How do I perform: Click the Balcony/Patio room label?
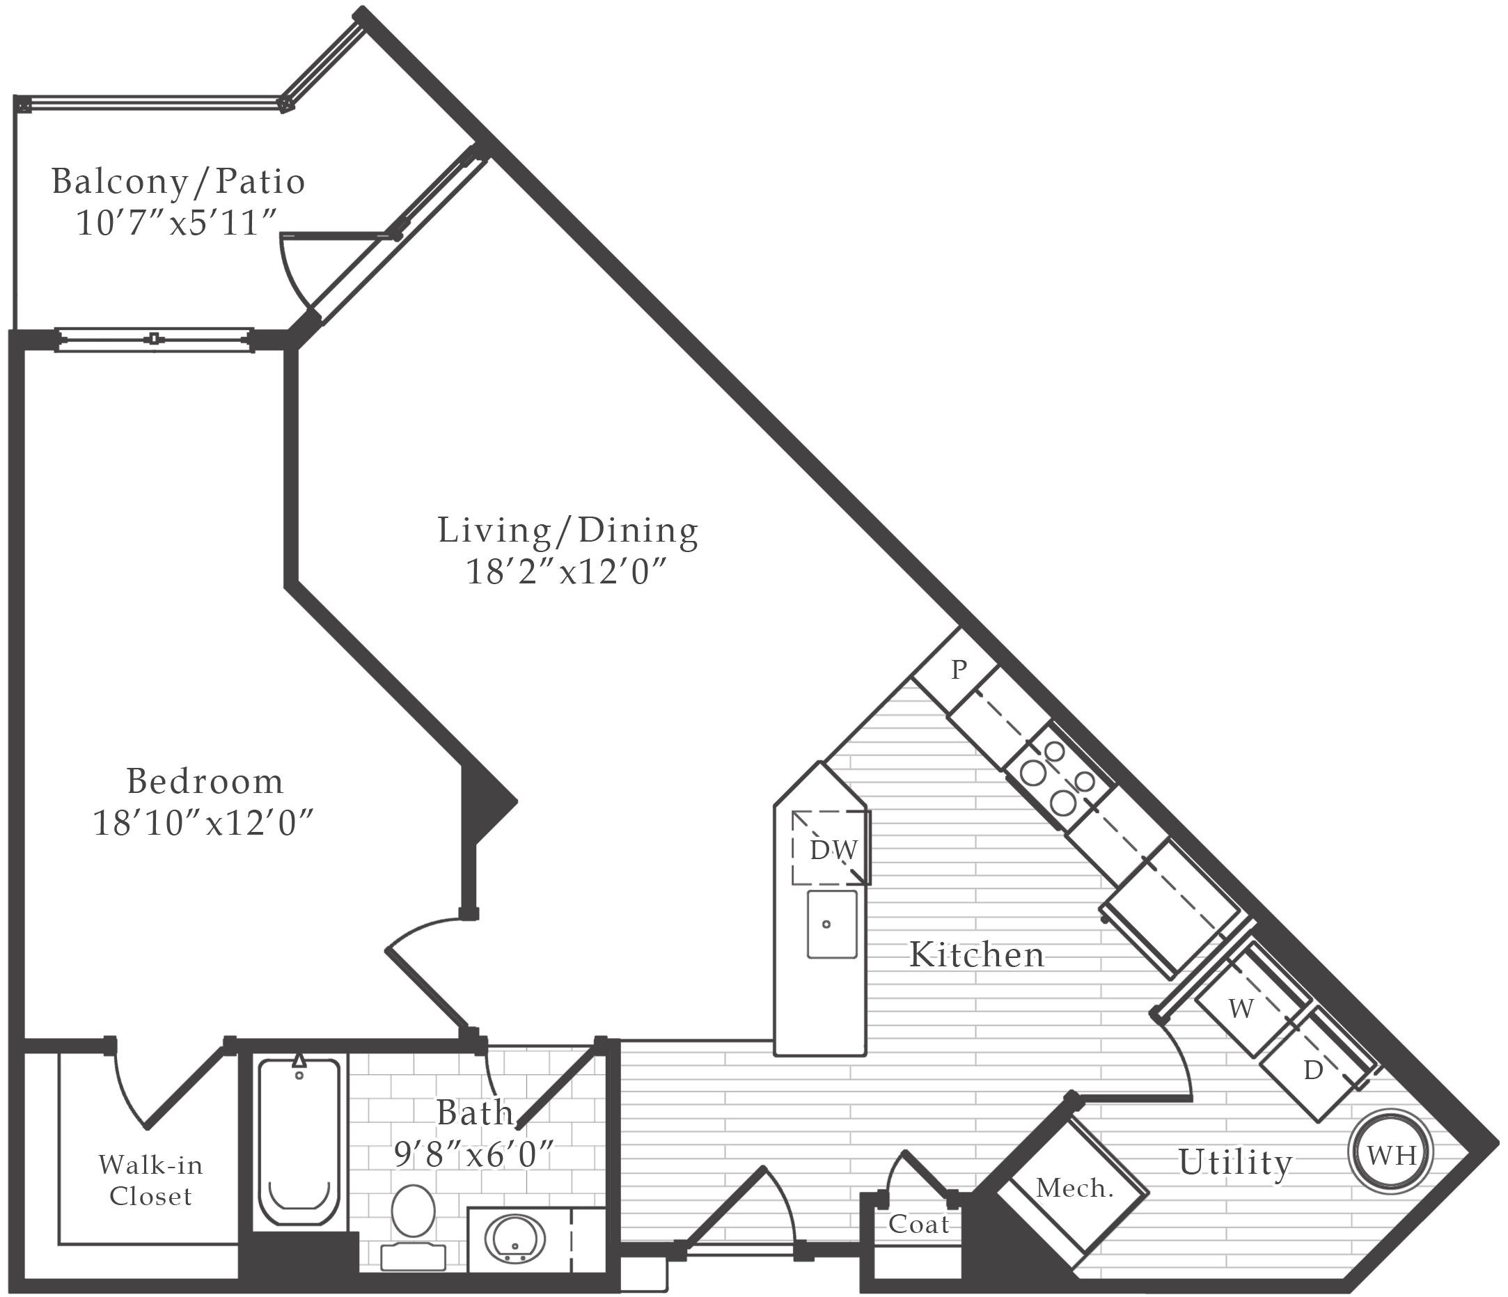(178, 182)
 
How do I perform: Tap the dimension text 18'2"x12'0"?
(566, 572)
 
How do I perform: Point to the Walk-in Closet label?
(150, 1181)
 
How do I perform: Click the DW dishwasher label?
(834, 850)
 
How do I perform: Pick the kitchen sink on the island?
(832, 925)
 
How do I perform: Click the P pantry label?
(959, 669)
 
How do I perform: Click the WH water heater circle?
(1390, 1154)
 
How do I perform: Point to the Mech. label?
(1074, 1188)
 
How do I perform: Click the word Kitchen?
(977, 955)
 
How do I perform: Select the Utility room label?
(1235, 1163)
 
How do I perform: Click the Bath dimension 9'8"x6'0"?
(474, 1154)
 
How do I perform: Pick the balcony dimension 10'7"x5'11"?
(178, 223)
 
